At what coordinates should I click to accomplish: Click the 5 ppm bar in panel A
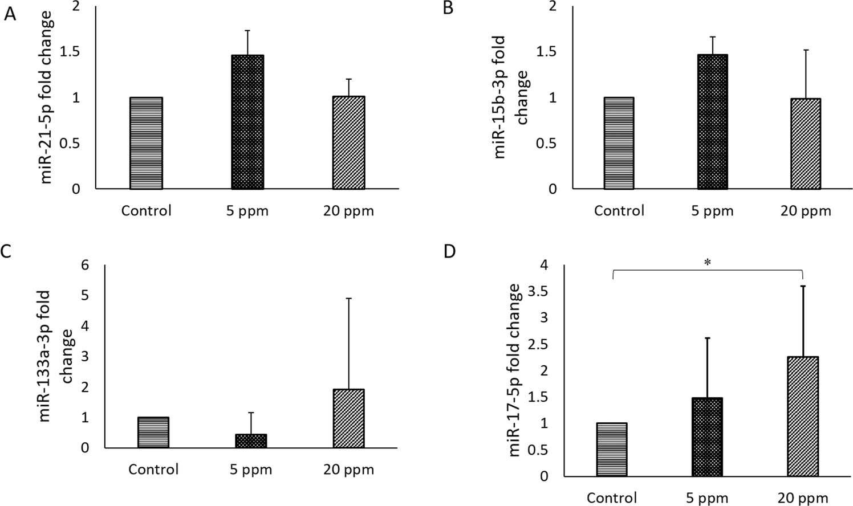tap(247, 122)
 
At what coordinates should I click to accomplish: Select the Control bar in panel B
tap(619, 143)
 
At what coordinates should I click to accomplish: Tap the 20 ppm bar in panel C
tap(348, 418)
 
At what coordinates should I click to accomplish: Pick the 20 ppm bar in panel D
tap(802, 417)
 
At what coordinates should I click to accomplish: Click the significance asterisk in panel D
tap(707, 263)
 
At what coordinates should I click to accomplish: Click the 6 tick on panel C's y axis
tap(84, 265)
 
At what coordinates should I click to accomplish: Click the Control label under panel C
tap(153, 470)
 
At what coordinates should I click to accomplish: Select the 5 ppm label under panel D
tap(707, 498)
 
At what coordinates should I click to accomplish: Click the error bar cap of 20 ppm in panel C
tap(348, 298)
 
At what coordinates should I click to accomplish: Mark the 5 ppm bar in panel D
tap(707, 437)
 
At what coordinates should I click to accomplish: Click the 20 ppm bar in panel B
tap(806, 144)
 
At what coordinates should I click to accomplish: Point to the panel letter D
tap(449, 251)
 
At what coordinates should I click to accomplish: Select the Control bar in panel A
tap(146, 143)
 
